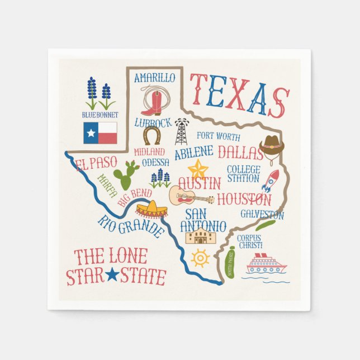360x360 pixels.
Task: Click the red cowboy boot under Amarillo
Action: (151, 102)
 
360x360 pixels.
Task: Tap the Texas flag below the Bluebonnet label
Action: (100, 133)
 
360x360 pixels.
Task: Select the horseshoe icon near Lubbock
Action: (151, 135)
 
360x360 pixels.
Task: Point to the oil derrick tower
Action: (181, 131)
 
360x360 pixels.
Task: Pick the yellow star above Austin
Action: (198, 168)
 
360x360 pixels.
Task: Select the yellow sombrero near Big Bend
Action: (151, 210)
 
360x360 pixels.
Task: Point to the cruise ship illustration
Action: (266, 264)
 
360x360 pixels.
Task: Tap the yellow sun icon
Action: (200, 258)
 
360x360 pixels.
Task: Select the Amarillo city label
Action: (155, 78)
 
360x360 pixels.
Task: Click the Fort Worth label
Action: (219, 136)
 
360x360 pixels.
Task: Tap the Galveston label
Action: (262, 214)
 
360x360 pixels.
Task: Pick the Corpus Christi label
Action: (250, 241)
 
